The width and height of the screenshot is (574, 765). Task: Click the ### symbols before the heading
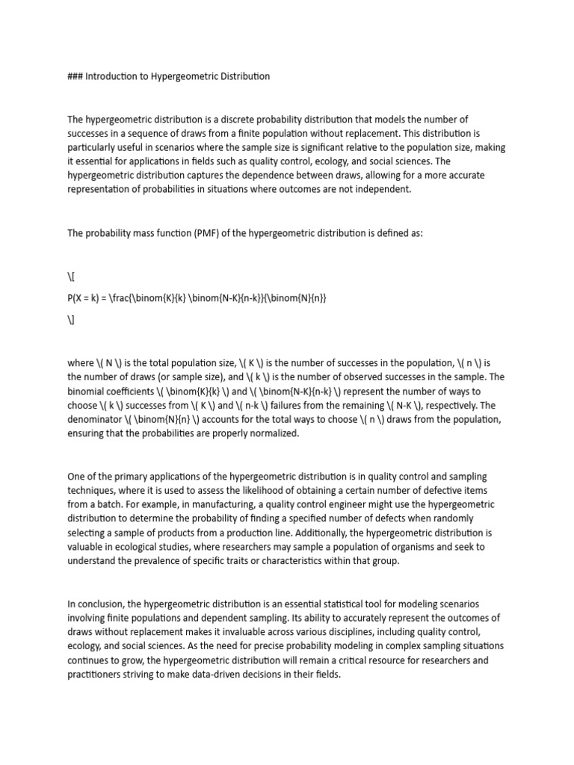pyautogui.click(x=75, y=76)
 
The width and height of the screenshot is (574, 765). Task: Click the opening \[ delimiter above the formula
pyautogui.click(x=71, y=276)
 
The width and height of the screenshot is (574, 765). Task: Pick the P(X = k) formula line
pyautogui.click(x=197, y=298)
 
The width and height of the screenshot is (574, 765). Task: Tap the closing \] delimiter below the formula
pyautogui.click(x=71, y=320)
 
